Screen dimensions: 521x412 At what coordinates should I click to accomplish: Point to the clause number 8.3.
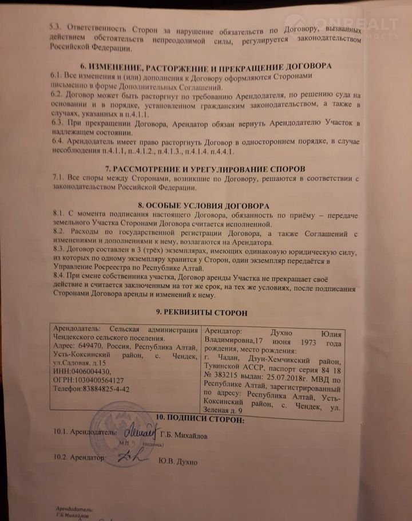tap(59, 250)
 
